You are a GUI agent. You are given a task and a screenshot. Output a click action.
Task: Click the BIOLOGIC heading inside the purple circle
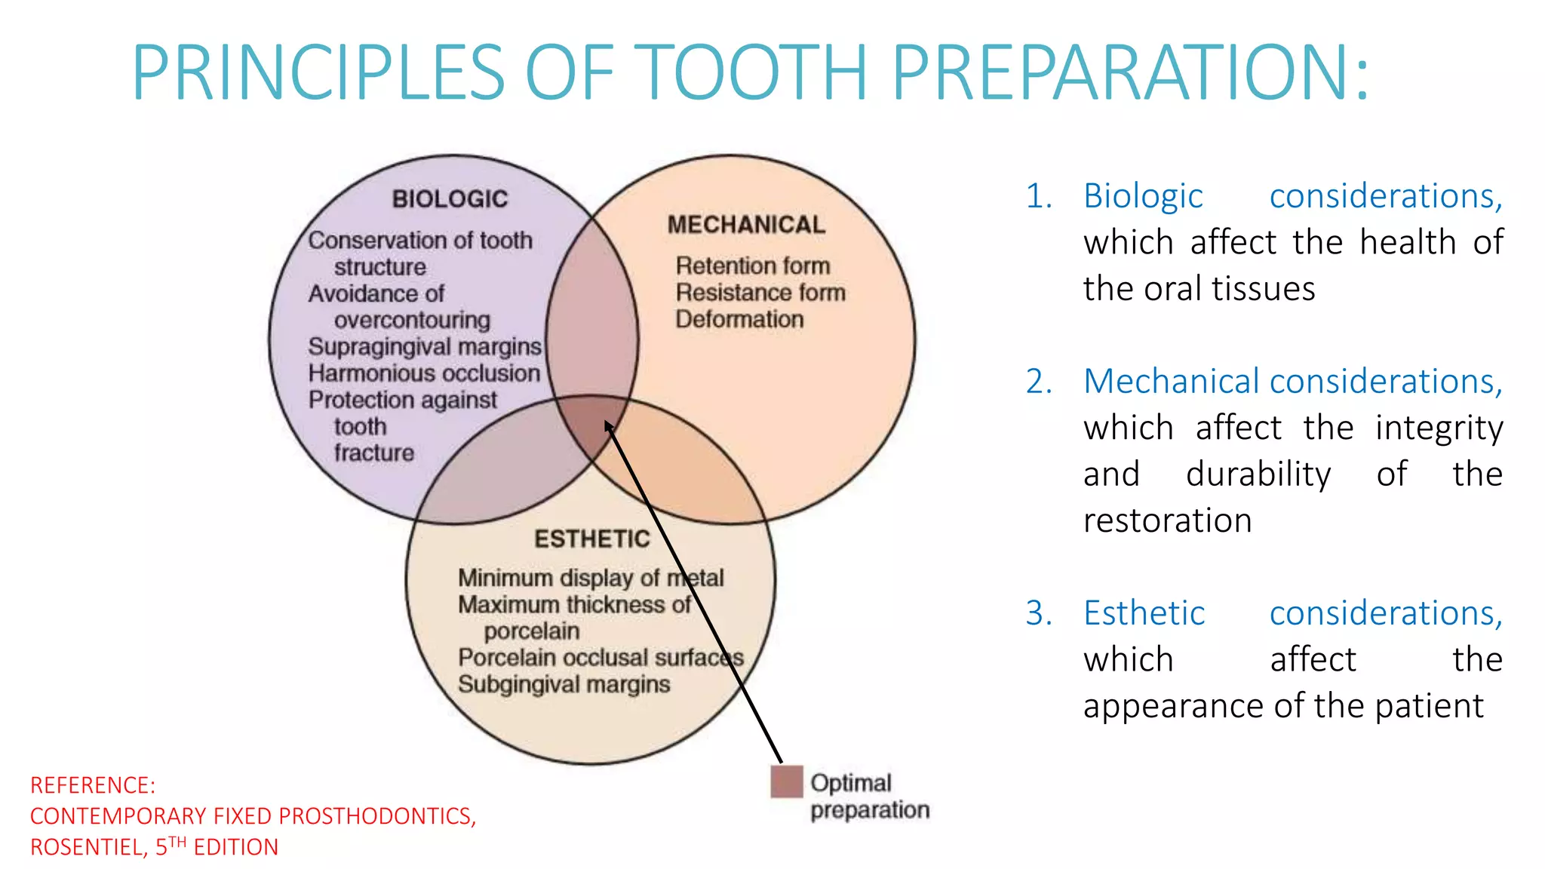[450, 199]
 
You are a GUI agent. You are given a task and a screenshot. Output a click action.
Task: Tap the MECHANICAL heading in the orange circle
[746, 225]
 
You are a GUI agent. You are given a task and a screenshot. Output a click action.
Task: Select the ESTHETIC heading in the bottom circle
[592, 539]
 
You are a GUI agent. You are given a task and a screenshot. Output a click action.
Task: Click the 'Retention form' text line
[753, 266]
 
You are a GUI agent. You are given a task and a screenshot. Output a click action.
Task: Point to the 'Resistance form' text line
[760, 293]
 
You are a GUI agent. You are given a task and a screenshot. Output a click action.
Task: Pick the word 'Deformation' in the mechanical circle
[739, 319]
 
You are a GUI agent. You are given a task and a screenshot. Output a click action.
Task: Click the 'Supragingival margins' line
[425, 346]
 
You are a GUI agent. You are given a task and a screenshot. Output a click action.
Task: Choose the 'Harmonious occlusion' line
[424, 373]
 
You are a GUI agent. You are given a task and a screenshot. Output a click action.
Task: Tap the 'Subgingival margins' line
[564, 684]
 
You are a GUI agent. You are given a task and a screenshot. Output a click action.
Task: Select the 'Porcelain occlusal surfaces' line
[600, 658]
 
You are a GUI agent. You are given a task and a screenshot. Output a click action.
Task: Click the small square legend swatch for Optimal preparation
[787, 781]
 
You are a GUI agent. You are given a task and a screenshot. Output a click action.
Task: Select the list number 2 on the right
[1039, 382]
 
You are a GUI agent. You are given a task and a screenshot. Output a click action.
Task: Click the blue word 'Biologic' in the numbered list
[1143, 196]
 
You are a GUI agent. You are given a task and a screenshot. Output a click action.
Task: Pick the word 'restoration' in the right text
[1167, 520]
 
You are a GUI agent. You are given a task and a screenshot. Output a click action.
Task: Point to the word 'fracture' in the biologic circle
[374, 453]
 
